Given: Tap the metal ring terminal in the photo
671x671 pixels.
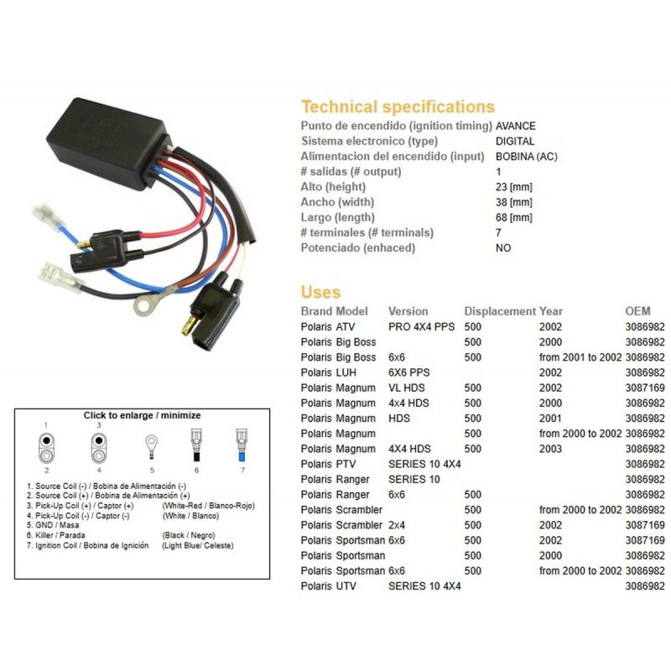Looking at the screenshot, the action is (x=146, y=304).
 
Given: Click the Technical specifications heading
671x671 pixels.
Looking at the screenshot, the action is (x=398, y=107).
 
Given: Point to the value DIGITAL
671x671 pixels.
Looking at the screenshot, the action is (x=515, y=141).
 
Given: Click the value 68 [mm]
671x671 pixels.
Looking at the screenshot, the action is (x=513, y=217).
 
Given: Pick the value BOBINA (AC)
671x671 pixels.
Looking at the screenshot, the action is (x=527, y=157).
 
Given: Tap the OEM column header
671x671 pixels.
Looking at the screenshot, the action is (x=637, y=311).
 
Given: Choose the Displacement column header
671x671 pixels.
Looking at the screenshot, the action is (x=500, y=311).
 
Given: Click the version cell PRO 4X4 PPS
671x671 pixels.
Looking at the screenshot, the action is (x=422, y=327).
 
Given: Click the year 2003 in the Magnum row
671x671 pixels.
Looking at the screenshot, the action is (x=550, y=449).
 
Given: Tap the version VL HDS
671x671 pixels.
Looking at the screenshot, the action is (x=407, y=388).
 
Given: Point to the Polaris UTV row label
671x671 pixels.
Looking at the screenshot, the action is (x=328, y=586).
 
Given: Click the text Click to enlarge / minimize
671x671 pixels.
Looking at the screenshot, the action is (x=142, y=415).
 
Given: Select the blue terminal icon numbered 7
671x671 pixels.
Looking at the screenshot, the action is (x=241, y=445).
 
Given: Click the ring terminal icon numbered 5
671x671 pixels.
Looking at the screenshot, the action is (x=152, y=447).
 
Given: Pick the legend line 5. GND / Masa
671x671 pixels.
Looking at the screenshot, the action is (x=53, y=525).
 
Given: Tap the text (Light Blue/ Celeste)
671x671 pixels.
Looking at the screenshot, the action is (x=198, y=546).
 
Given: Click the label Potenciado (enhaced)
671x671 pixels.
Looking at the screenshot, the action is (x=358, y=248).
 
